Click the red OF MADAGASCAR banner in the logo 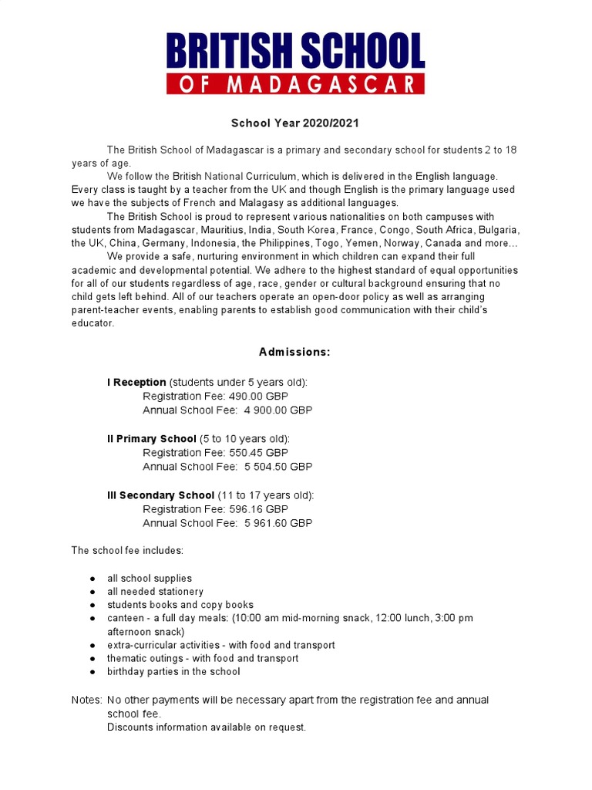click(x=295, y=83)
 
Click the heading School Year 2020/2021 click(x=295, y=123)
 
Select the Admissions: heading click(x=294, y=353)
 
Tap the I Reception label click(x=136, y=383)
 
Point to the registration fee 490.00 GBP click(x=258, y=397)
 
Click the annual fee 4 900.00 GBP click(x=277, y=410)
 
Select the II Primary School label click(x=152, y=439)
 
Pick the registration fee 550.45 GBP click(x=258, y=453)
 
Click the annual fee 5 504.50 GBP click(x=277, y=467)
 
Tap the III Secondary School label click(x=160, y=495)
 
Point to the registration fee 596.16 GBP click(x=258, y=509)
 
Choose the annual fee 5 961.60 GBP click(x=277, y=523)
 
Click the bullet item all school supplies click(x=150, y=579)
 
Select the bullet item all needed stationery click(x=155, y=592)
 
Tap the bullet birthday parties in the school click(x=173, y=672)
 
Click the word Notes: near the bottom click(x=86, y=701)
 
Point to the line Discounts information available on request click(x=207, y=728)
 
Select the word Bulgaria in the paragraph click(x=499, y=231)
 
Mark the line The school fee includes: click(x=127, y=551)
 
